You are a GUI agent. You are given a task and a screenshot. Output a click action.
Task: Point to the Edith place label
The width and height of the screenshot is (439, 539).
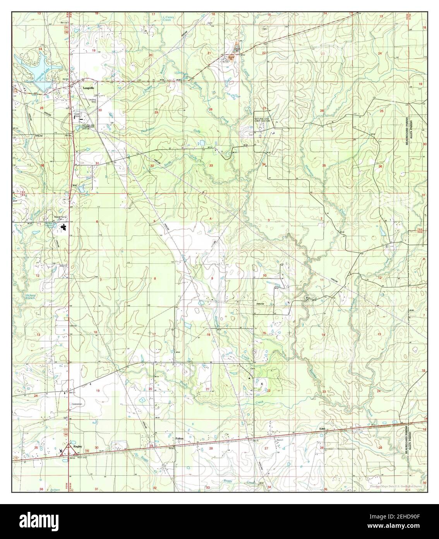point(321,428)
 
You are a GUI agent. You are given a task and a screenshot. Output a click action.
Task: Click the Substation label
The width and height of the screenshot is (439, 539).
point(77,404)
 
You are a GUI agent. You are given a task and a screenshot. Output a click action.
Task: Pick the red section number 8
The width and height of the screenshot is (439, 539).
point(155,279)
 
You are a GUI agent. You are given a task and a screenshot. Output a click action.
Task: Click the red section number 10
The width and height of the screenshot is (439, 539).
point(264,276)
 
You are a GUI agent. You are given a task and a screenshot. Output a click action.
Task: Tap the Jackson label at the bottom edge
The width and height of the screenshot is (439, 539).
point(55,490)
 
